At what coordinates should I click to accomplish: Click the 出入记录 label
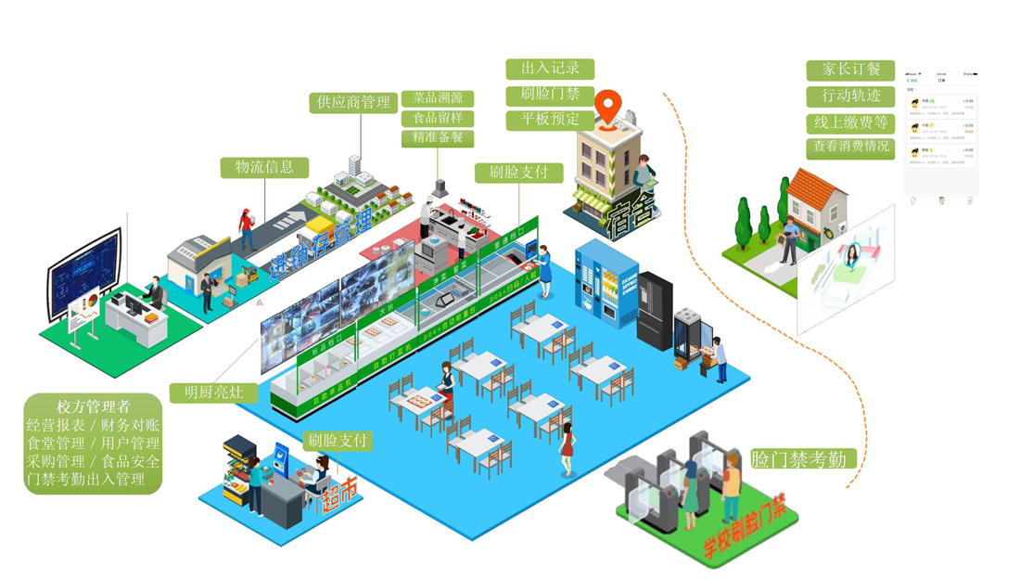550,69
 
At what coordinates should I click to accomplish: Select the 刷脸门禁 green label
550,95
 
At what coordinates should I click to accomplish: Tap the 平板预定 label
550,120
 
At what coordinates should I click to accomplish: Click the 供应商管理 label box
353,102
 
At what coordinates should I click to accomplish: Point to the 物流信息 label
264,167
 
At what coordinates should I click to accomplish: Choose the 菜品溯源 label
438,98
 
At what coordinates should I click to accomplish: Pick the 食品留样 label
438,118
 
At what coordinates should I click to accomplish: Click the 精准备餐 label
438,137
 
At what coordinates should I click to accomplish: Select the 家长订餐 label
850,70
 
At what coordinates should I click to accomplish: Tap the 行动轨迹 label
850,96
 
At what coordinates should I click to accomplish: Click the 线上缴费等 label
850,122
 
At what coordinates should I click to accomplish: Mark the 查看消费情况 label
850,147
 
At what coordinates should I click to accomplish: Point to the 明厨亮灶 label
213,392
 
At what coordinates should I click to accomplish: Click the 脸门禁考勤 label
798,458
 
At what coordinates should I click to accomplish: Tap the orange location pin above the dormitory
608,107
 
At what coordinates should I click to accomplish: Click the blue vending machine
593,278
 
